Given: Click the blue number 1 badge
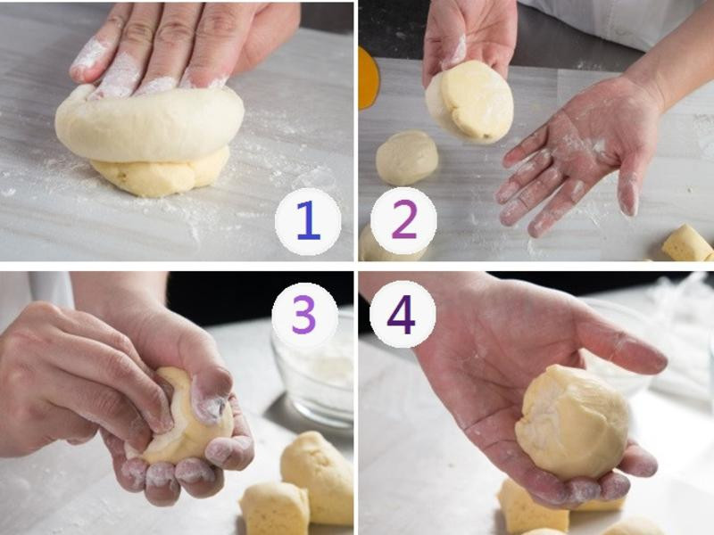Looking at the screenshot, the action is pyautogui.click(x=308, y=221).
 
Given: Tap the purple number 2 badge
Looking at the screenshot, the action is pyautogui.click(x=403, y=220).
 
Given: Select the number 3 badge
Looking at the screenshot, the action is pyautogui.click(x=304, y=315).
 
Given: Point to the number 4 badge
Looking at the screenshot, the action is pyautogui.click(x=403, y=314).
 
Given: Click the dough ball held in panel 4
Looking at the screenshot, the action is pyautogui.click(x=573, y=422).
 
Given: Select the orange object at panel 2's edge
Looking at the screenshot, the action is pyautogui.click(x=368, y=78).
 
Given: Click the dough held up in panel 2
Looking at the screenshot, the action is pyautogui.click(x=469, y=102).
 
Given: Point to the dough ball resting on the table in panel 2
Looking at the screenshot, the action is pyautogui.click(x=407, y=158).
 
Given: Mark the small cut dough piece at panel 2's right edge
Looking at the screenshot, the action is pyautogui.click(x=686, y=243).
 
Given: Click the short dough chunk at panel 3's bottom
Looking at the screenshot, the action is pyautogui.click(x=275, y=508).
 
